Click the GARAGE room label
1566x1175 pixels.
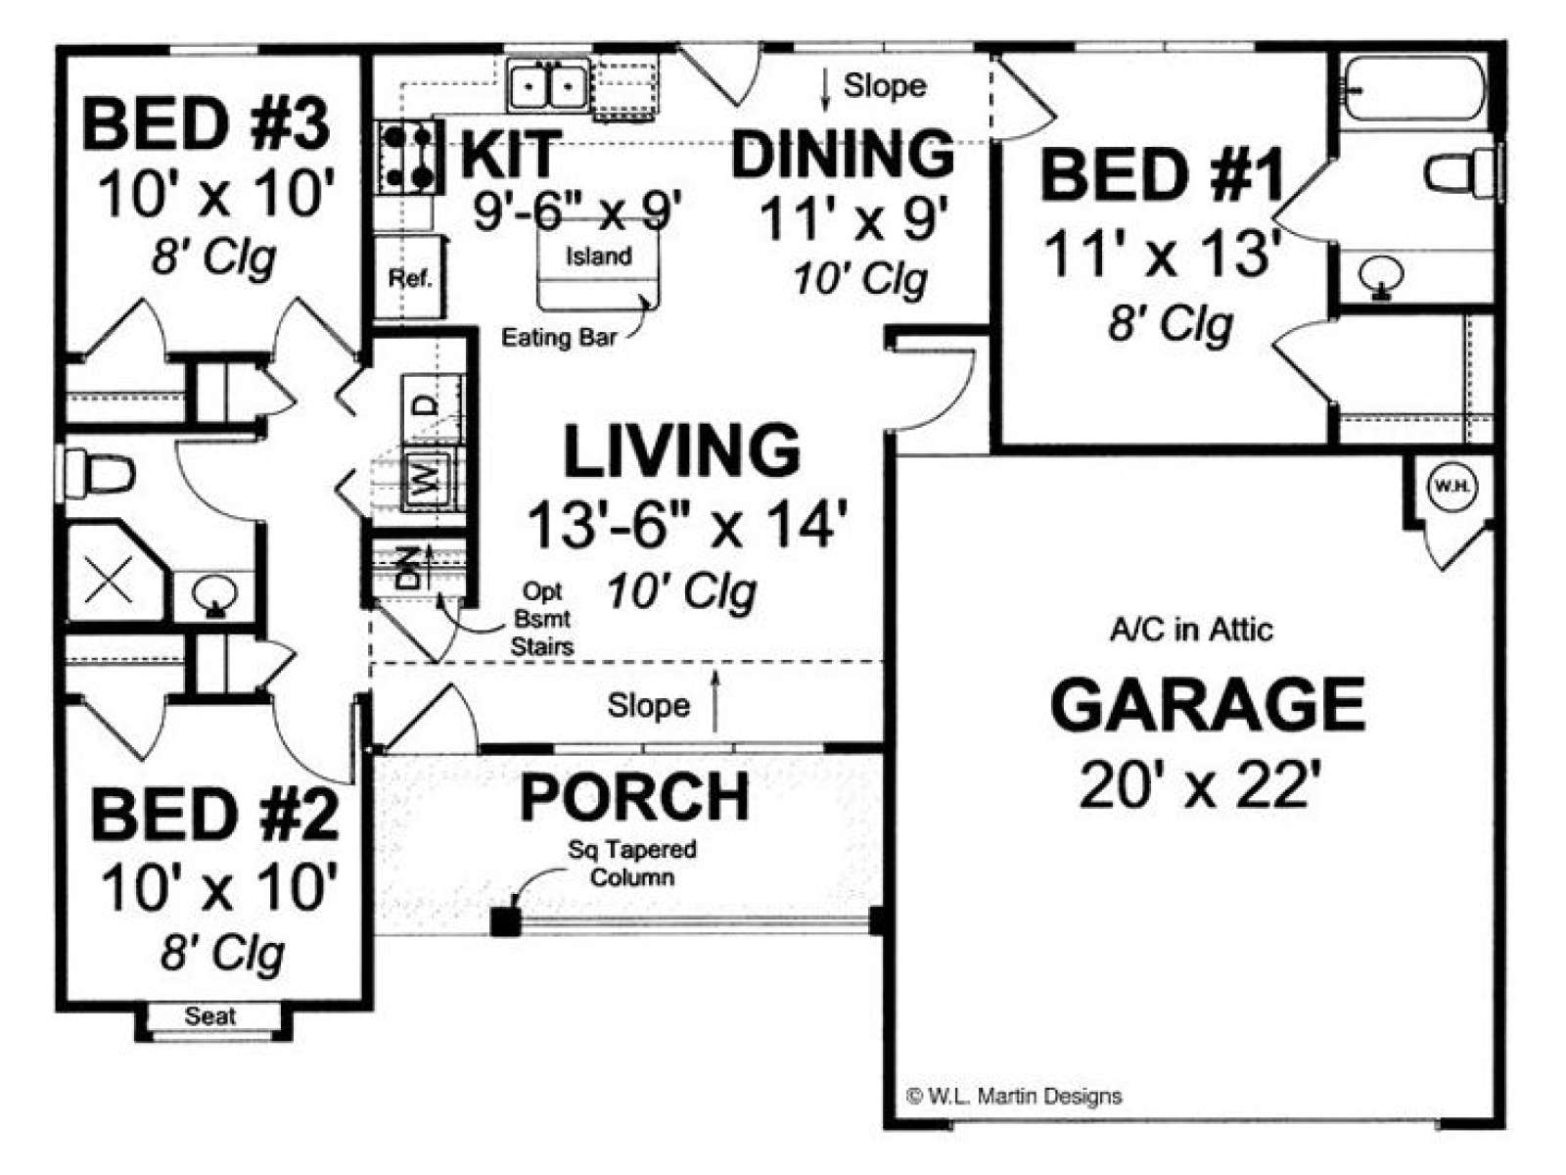(1207, 705)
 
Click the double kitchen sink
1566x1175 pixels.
(549, 85)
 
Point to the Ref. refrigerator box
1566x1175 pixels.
(410, 277)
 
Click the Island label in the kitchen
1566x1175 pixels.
(599, 256)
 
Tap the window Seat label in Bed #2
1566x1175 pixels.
(209, 1016)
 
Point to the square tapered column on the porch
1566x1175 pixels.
(506, 920)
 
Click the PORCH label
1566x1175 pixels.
(634, 797)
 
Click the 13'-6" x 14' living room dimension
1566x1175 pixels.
(688, 526)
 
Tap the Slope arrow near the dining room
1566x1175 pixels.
(826, 91)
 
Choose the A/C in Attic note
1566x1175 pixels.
(1191, 630)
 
